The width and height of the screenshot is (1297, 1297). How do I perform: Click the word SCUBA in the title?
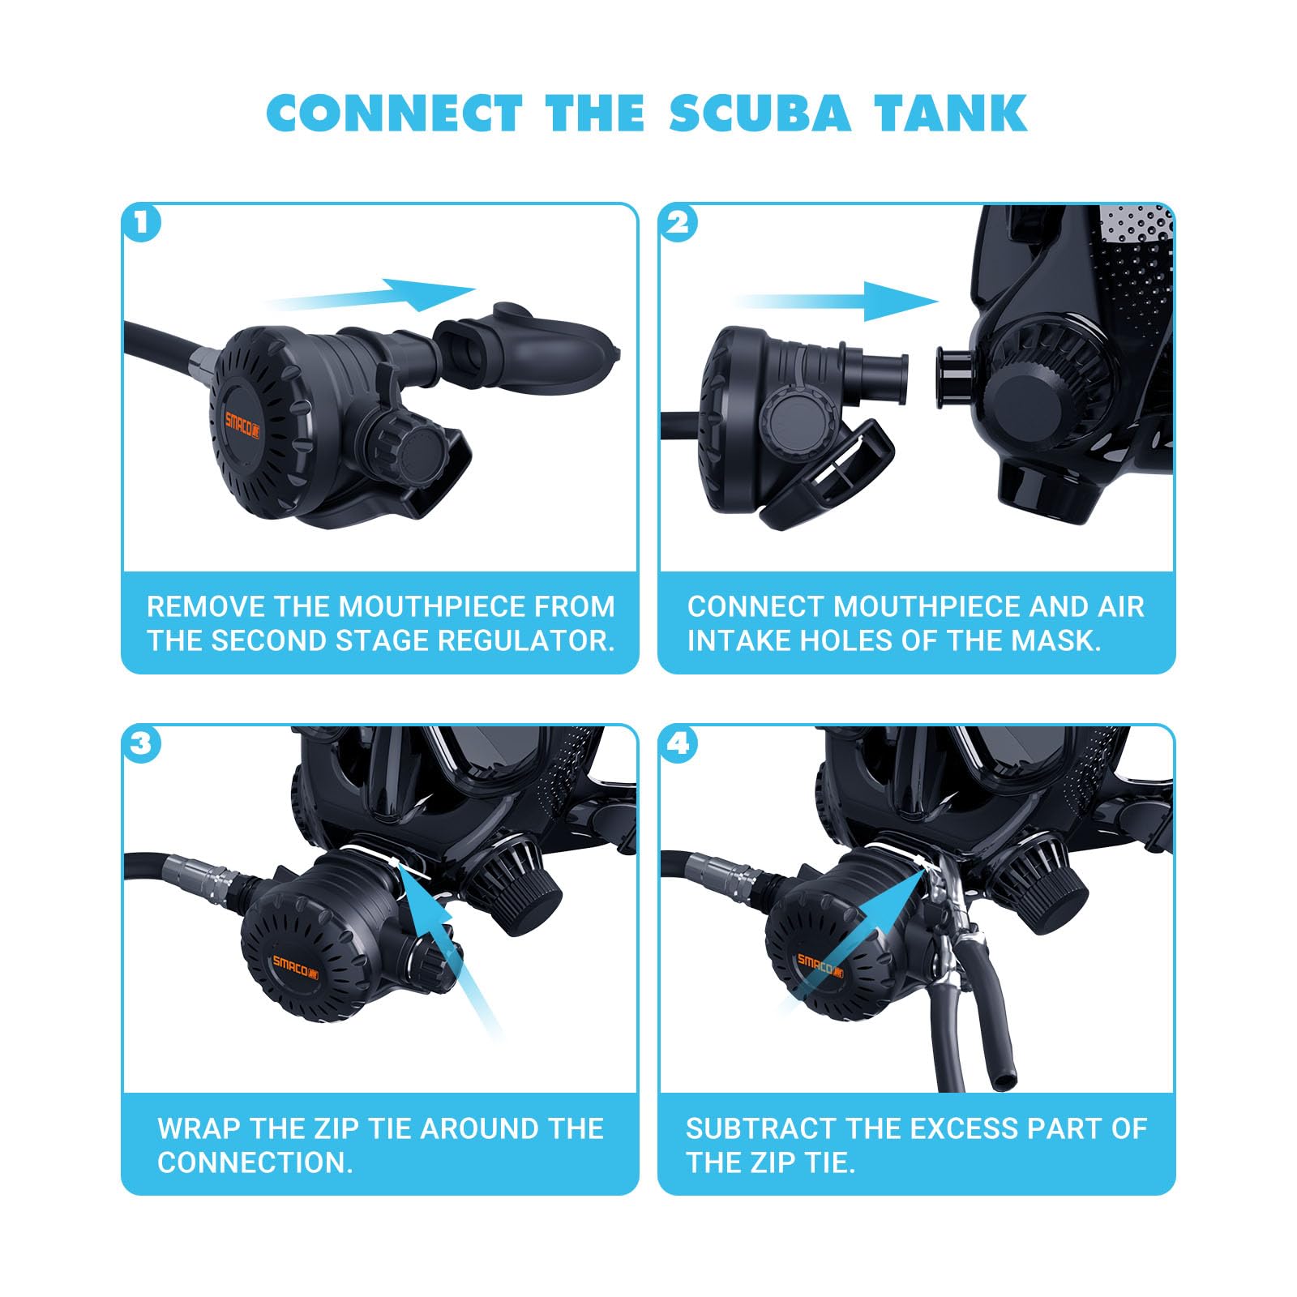tap(760, 113)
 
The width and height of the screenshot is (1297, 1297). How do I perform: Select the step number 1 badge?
tap(142, 223)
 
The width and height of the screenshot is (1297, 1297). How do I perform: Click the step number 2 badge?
tap(679, 223)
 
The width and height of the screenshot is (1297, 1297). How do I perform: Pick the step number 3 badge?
tap(142, 743)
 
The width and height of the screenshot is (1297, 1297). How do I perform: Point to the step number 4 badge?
tap(679, 743)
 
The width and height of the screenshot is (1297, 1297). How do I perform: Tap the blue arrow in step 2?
tap(837, 301)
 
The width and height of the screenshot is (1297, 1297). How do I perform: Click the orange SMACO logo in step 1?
tap(242, 421)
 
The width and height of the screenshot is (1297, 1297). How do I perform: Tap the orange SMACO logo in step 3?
tap(295, 965)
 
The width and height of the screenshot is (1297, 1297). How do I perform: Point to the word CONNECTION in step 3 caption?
tap(255, 1162)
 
